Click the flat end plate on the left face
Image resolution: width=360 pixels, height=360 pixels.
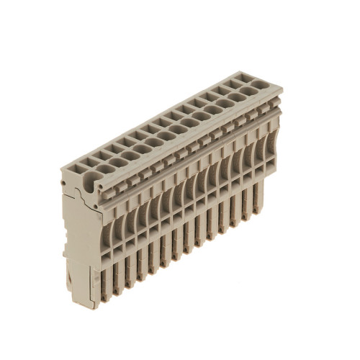tap(77, 230)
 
